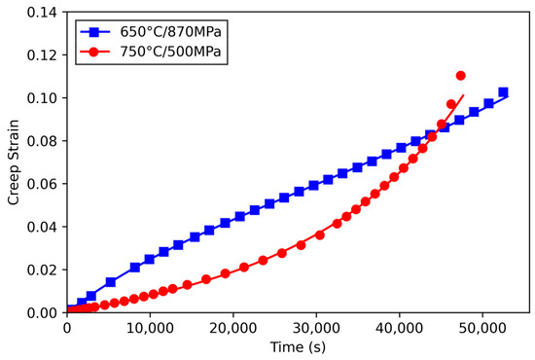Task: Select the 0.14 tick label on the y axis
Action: pos(43,12)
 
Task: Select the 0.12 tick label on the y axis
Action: pos(43,54)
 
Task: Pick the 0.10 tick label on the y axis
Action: pos(43,97)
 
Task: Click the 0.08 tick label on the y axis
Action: pos(43,140)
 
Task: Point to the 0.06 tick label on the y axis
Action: pos(43,183)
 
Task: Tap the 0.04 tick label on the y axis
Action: pos(43,226)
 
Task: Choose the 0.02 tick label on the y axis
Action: pos(43,269)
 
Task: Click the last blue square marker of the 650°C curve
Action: pos(503,92)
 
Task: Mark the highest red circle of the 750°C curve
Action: pos(460,76)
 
